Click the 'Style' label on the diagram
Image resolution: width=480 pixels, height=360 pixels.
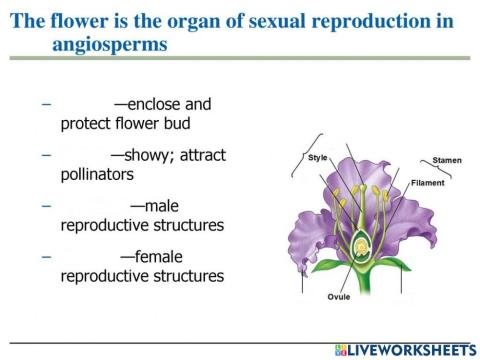tap(318, 157)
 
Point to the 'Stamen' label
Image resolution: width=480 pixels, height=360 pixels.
tap(447, 160)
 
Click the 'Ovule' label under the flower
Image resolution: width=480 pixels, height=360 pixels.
tap(339, 297)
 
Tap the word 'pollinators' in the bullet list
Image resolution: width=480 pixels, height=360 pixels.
tap(97, 173)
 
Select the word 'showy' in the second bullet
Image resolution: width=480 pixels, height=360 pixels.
tap(152, 155)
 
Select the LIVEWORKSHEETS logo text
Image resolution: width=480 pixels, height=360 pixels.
tap(412, 349)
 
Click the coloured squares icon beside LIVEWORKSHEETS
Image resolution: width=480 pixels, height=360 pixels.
tap(341, 349)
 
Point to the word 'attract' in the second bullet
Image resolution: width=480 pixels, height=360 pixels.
tap(204, 155)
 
